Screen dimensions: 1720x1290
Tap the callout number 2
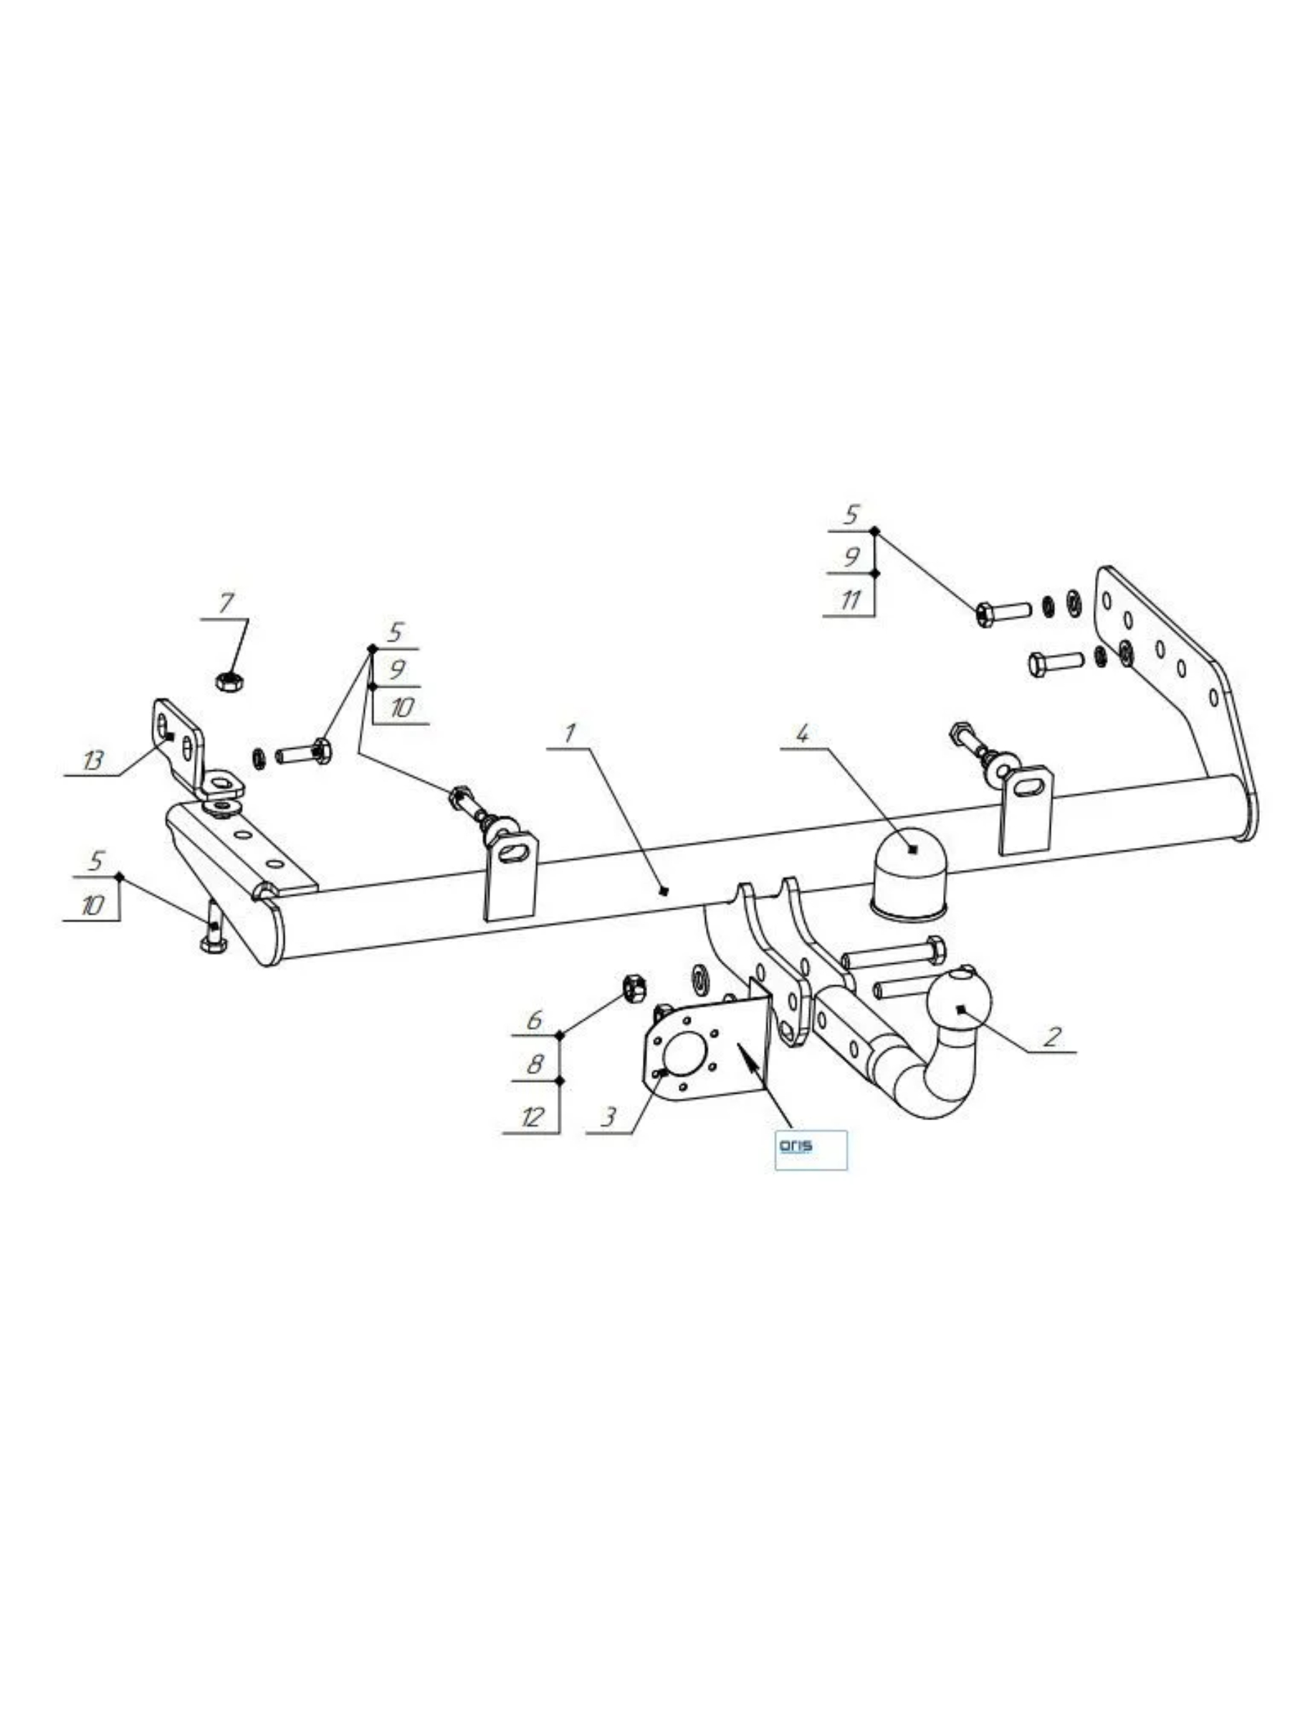pos(1051,1036)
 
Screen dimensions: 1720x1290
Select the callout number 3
pos(607,1117)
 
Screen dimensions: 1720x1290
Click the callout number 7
pos(226,603)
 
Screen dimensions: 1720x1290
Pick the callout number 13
pos(92,760)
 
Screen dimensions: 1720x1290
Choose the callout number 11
pos(851,600)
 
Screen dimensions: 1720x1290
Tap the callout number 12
pos(532,1117)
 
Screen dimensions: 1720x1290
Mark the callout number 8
pos(534,1064)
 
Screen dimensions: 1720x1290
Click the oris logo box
pos(811,1150)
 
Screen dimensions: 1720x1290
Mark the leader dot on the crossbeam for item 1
pos(662,891)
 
